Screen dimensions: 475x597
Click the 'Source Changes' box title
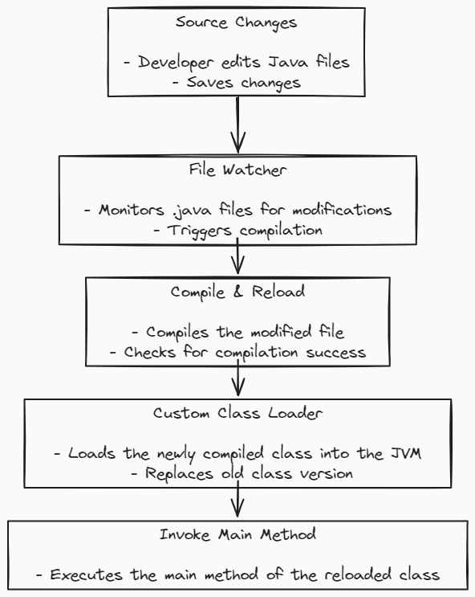click(x=236, y=22)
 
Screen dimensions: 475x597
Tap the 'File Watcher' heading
click(x=237, y=170)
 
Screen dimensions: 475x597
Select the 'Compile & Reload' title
click(x=237, y=292)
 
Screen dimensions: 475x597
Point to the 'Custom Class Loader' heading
click(x=237, y=413)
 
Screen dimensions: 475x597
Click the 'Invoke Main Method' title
click(x=237, y=534)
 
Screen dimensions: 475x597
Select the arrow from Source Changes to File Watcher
click(x=237, y=125)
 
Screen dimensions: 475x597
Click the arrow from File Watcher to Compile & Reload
click(x=237, y=256)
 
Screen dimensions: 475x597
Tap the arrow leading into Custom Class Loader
click(x=237, y=378)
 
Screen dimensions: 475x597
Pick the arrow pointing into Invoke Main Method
click(x=237, y=499)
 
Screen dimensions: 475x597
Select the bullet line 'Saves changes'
click(x=236, y=83)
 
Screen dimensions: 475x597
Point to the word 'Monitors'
click(x=132, y=210)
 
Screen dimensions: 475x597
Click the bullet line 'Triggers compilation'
click(x=237, y=231)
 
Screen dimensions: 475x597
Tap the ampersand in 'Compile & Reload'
click(x=237, y=292)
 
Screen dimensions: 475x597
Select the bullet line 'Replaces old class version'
click(x=242, y=474)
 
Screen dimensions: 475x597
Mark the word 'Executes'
click(x=87, y=575)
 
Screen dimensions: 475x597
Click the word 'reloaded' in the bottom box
click(x=358, y=575)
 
